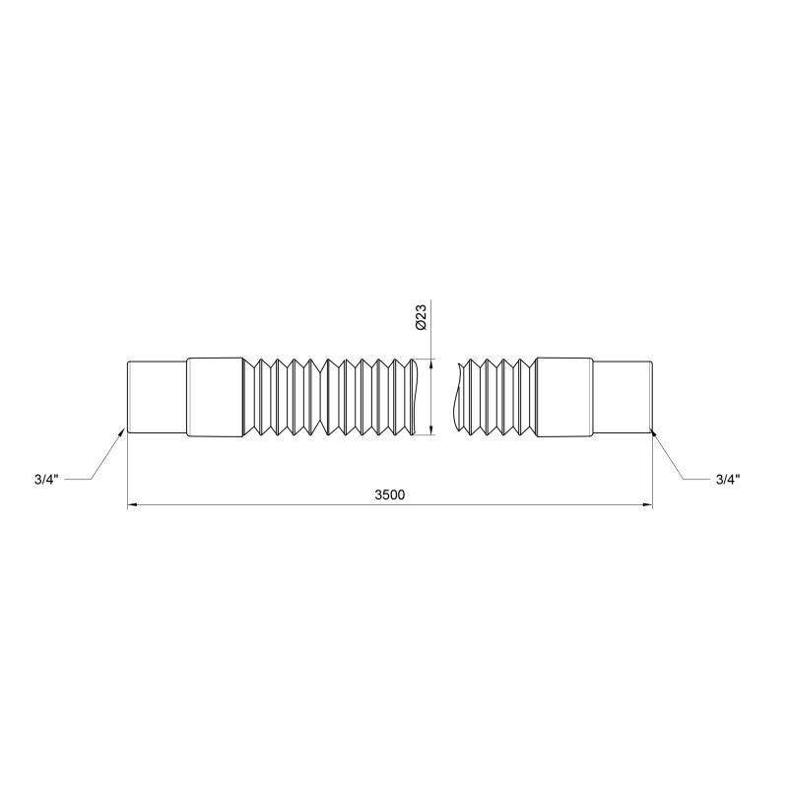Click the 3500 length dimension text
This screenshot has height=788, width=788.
(390, 494)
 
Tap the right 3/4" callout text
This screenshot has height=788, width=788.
(728, 480)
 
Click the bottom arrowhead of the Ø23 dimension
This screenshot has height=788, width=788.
(431, 429)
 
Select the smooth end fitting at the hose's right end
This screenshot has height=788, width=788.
(623, 397)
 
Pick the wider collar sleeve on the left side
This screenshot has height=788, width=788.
(215, 397)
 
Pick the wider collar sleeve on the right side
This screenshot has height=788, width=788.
(564, 397)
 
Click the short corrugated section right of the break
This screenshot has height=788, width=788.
(497, 397)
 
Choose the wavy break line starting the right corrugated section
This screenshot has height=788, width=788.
(460, 397)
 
